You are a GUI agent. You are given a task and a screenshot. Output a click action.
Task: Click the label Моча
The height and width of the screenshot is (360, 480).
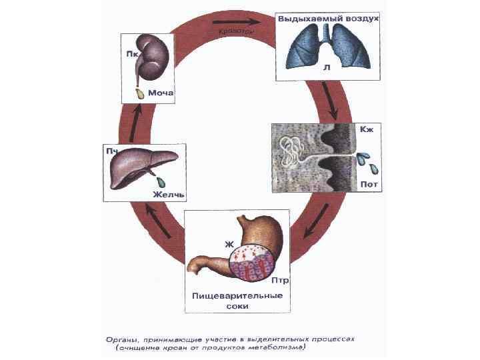[x=161, y=93]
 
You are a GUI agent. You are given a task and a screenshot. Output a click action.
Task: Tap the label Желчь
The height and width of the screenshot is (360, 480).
[x=168, y=195]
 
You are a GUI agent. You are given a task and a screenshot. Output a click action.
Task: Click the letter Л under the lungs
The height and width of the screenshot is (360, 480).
[x=325, y=67]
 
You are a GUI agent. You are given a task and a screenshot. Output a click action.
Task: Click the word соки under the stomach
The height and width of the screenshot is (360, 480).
[x=237, y=306]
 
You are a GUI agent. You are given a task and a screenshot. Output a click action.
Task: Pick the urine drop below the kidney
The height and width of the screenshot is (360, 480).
[x=140, y=94]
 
